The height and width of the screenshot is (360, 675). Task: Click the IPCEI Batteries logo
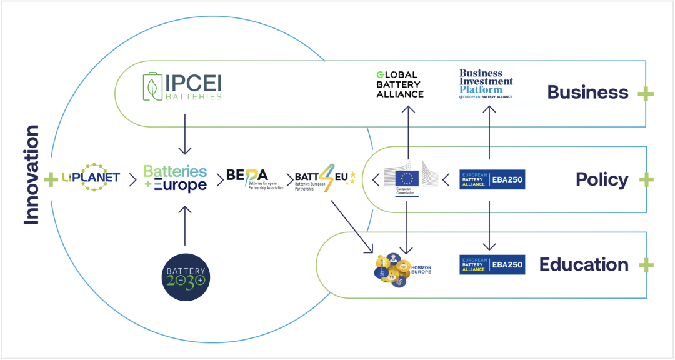[182, 87]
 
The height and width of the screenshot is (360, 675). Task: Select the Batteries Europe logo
[175, 179]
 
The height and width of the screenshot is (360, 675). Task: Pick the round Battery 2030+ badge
[185, 276]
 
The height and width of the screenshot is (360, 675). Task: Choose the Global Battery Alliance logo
[399, 84]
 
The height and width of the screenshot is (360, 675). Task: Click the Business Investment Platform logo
[486, 84]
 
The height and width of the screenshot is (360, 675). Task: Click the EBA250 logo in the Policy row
[492, 179]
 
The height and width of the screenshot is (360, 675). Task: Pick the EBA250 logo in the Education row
[492, 264]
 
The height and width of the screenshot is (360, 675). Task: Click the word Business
[587, 92]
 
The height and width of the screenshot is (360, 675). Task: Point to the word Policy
[602, 180]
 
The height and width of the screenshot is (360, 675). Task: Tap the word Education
[584, 264]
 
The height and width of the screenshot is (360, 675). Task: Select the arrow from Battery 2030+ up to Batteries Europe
[185, 225]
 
